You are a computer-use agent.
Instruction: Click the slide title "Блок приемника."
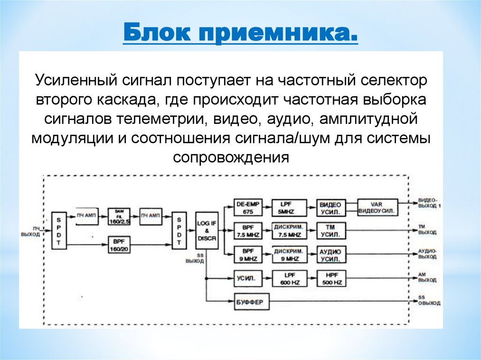(240, 34)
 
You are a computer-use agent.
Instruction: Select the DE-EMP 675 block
(248, 207)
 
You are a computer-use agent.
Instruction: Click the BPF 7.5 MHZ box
(248, 231)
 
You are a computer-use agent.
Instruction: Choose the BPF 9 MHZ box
(248, 254)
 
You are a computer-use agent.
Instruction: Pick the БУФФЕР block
(252, 302)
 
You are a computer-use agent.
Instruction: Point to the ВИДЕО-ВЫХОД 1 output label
(429, 202)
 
